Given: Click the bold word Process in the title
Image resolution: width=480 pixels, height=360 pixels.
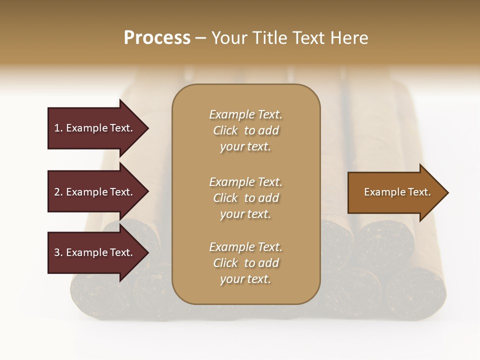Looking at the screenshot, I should coord(157,38).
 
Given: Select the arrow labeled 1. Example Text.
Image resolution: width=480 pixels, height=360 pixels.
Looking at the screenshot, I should coord(95,128).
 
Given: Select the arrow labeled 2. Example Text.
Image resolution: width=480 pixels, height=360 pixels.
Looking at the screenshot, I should coord(95,192).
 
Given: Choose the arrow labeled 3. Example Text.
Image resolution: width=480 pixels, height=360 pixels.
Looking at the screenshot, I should coord(95,252).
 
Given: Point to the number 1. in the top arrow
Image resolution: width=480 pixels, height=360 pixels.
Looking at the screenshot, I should coord(58,128).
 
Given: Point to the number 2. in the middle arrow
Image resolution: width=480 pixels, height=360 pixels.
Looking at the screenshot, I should coord(58,192).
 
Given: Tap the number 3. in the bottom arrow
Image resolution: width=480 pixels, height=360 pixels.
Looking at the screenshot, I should coord(58,252).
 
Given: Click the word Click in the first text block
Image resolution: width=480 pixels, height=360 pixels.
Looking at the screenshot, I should coord(225,130).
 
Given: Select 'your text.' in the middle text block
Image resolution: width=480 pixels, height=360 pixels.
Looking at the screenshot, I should coord(245,214).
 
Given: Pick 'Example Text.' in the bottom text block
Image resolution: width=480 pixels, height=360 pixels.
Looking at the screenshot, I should coord(245,247).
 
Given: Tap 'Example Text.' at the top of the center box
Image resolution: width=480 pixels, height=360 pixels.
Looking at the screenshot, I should coord(245,114).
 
